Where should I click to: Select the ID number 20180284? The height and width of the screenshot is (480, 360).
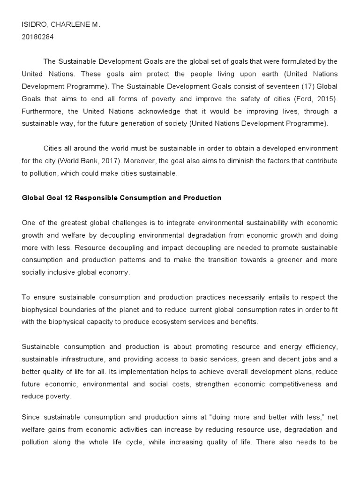click(38, 37)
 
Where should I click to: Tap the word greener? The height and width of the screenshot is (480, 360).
click(280, 260)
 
